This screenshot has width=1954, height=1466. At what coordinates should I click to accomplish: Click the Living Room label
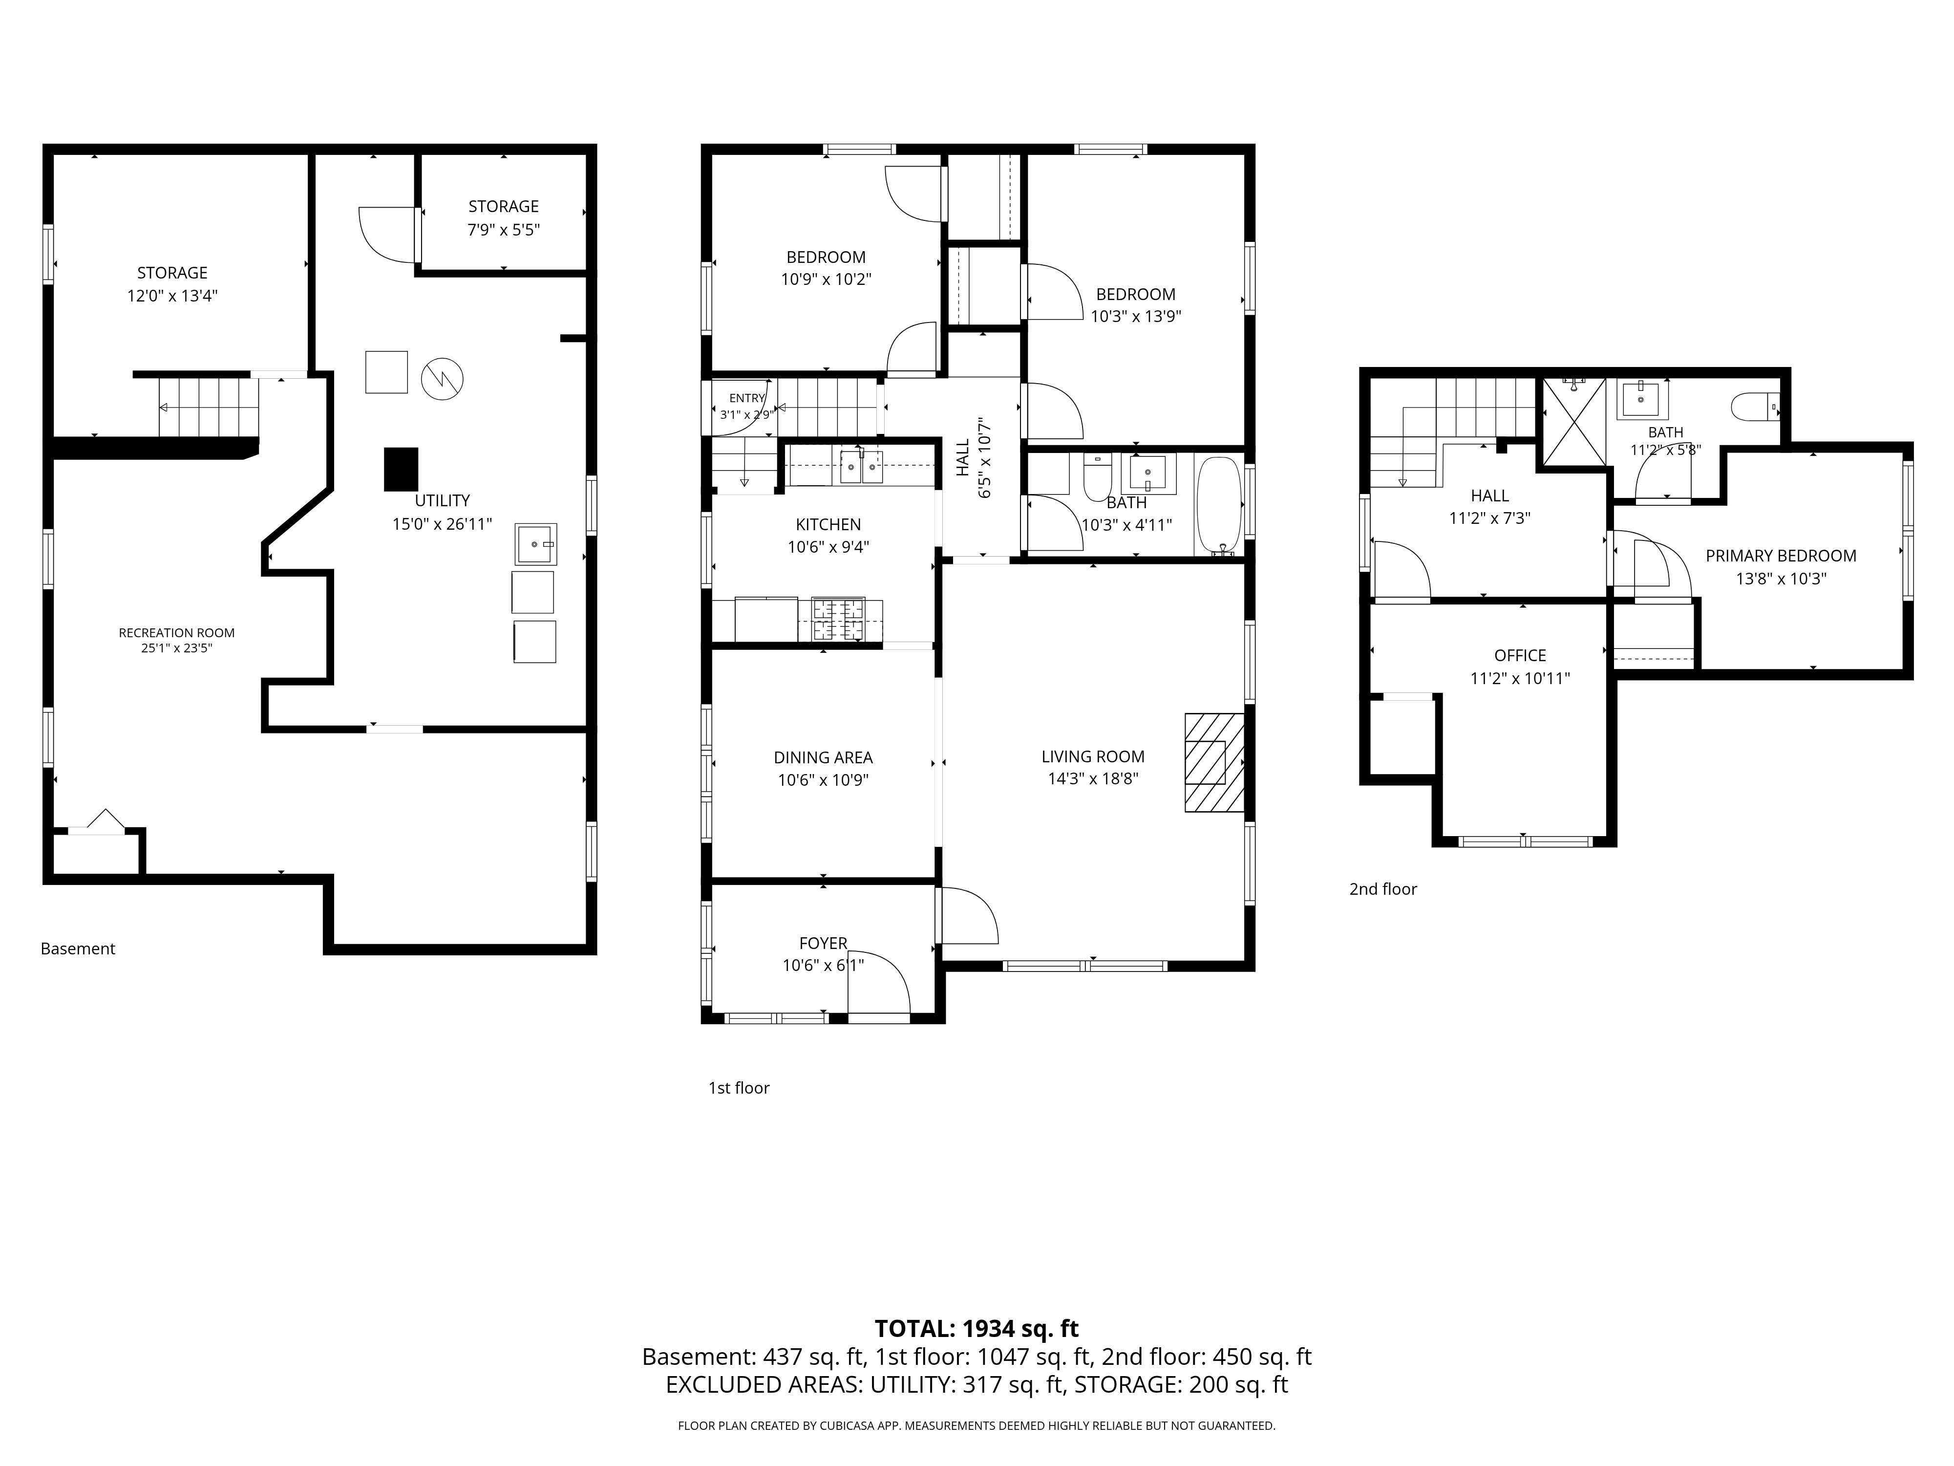1093,756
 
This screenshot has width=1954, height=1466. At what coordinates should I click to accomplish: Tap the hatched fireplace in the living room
1214,763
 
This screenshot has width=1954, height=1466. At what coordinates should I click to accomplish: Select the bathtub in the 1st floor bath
1219,505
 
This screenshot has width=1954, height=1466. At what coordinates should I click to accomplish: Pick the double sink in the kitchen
860,467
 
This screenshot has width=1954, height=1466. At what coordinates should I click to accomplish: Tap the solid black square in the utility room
401,469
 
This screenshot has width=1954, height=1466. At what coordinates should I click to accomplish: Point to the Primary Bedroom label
1781,556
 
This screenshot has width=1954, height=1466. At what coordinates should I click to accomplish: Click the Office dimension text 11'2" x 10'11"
1520,679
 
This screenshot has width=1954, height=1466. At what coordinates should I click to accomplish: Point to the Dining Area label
823,757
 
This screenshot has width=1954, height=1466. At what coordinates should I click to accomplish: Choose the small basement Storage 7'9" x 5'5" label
504,217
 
